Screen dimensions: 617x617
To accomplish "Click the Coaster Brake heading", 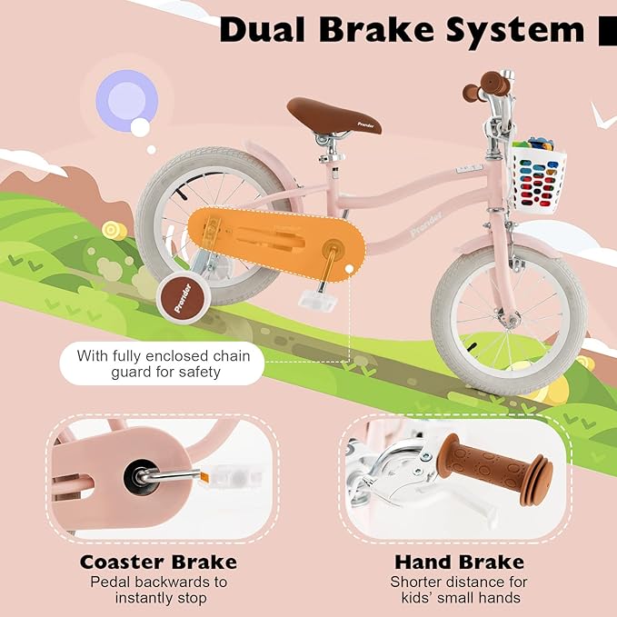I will coord(158,562).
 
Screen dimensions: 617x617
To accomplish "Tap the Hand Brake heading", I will coord(459,562).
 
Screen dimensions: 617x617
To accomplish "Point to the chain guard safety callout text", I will coord(162,363).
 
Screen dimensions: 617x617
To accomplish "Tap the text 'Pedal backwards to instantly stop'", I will coord(158,590).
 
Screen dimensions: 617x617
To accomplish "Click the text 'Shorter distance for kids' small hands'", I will coord(459,590).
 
